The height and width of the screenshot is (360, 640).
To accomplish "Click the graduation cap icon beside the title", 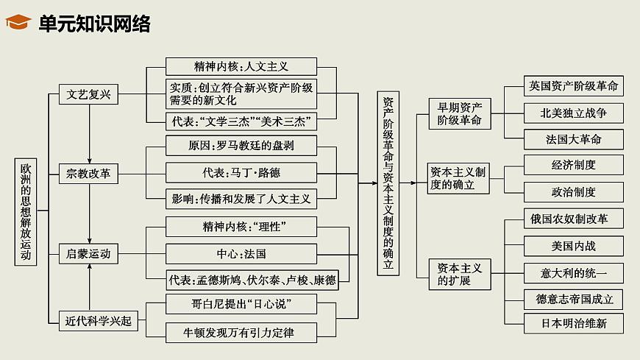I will (18, 24).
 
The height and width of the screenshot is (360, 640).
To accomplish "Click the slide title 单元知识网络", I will (94, 24).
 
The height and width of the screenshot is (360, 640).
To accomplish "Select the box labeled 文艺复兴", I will (88, 94).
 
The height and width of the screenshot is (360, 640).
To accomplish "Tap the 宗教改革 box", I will (88, 174).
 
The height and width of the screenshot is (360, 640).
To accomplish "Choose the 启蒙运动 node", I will (88, 254).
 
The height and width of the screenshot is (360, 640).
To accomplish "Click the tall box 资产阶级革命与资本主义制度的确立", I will (388, 184).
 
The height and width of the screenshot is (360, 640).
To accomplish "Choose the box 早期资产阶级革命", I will (459, 113).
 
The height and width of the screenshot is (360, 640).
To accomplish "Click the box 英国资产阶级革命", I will (574, 85).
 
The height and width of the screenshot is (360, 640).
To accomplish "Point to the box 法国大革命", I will (574, 139).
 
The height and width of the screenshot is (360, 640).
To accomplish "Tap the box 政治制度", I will (574, 191).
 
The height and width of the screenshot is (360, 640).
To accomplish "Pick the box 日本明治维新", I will (574, 323).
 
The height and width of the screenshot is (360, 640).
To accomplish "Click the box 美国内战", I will (574, 244).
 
